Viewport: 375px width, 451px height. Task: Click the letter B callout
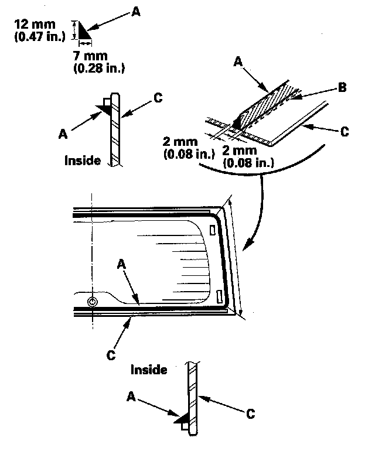pos(341,88)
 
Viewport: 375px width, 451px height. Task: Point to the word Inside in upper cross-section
pos(83,159)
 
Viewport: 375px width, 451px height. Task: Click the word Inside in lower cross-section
pos(149,370)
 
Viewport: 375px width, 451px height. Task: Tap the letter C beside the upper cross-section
pos(156,98)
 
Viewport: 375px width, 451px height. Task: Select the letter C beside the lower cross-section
pos(250,414)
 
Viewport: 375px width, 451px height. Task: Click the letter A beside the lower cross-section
pos(131,397)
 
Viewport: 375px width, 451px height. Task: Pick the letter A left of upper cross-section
pos(63,134)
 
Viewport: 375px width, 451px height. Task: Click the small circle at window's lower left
pos(92,302)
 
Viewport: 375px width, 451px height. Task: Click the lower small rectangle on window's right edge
pos(219,296)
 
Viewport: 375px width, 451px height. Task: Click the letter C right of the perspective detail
pos(344,132)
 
